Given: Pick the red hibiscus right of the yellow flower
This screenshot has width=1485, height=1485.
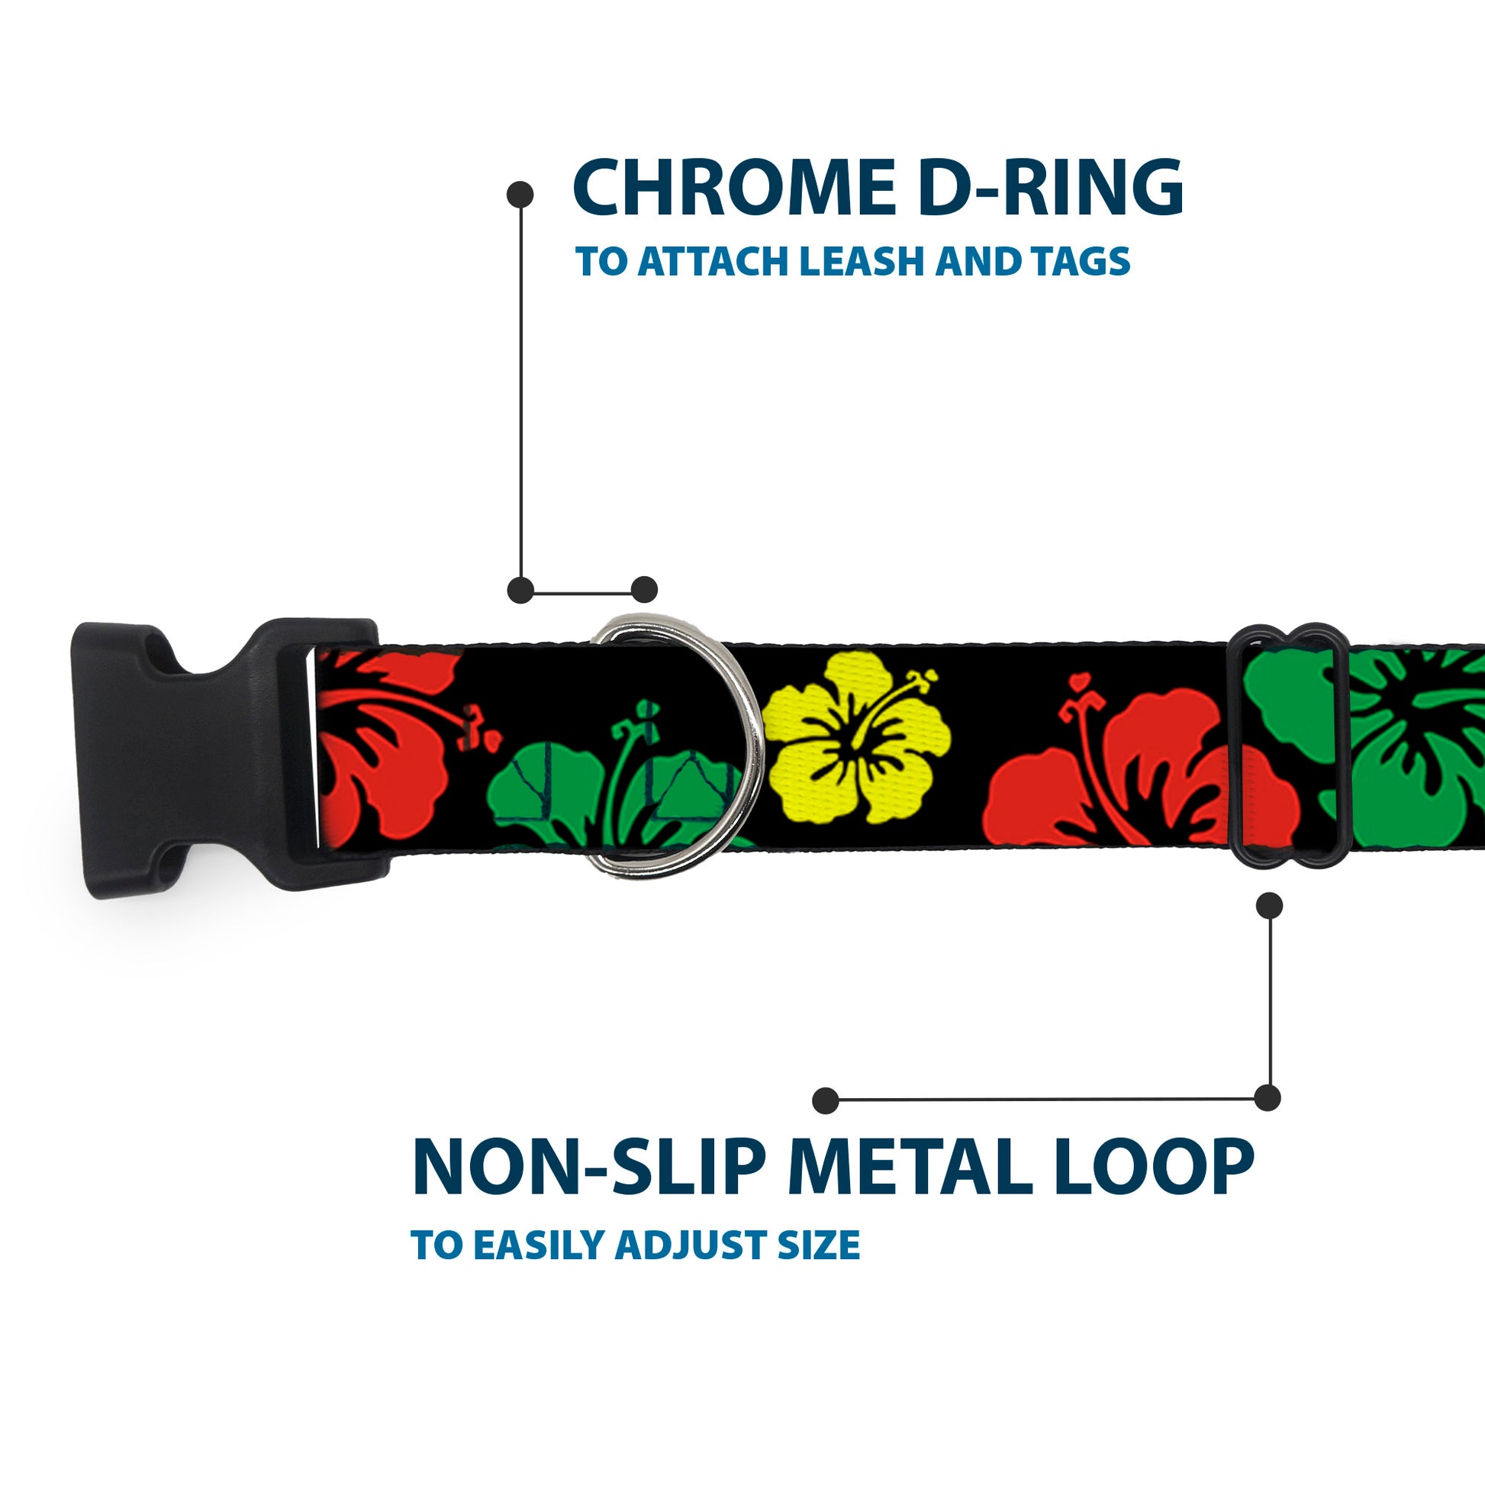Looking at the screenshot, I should [x=1130, y=776].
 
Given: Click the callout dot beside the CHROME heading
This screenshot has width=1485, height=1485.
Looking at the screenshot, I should [x=520, y=195].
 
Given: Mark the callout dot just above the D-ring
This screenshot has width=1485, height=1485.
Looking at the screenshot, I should [x=644, y=590].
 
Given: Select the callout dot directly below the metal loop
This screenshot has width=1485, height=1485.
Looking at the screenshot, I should [x=1269, y=906].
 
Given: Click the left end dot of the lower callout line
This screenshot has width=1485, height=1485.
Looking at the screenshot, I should [x=826, y=1100].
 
